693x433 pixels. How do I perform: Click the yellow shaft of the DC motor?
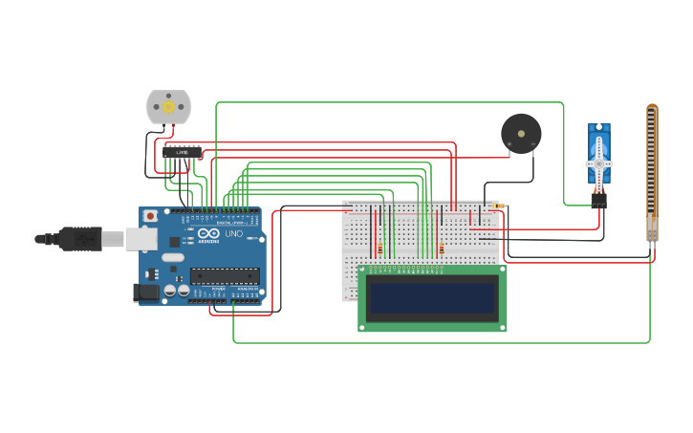[x=169, y=107]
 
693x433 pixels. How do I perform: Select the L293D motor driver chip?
[x=182, y=152]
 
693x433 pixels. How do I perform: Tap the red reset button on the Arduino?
[x=149, y=217]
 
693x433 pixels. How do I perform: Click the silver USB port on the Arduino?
[x=113, y=238]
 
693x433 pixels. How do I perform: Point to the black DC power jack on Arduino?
[x=146, y=292]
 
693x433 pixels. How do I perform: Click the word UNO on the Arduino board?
[x=234, y=233]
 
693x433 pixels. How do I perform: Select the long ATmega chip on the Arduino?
[x=224, y=275]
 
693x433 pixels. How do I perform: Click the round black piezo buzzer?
[x=521, y=133]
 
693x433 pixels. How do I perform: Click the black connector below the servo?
[x=598, y=200]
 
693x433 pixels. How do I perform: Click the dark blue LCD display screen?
[x=432, y=297]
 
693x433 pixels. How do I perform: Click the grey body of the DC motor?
[x=168, y=106]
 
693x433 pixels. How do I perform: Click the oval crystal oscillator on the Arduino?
[x=172, y=257]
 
